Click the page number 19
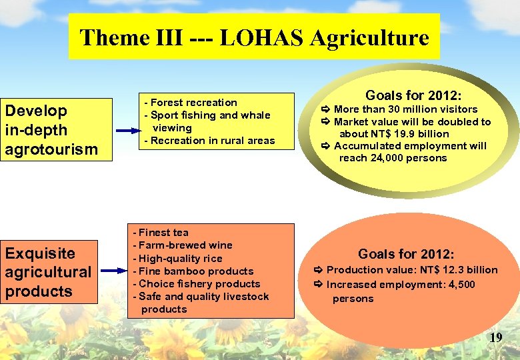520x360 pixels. (495, 338)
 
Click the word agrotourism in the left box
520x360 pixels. (51, 149)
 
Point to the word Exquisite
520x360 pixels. (40, 253)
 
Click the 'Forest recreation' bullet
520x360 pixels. (191, 103)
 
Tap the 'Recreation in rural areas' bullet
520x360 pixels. (210, 141)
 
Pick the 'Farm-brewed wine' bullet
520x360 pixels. (183, 245)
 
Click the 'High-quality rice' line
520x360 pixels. (179, 259)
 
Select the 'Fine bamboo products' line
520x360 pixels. (194, 271)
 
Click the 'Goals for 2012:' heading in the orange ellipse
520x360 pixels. (406, 254)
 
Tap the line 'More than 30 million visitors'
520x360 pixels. (405, 109)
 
